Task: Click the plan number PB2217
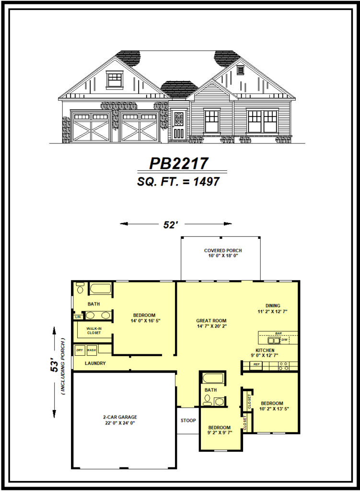click(179, 163)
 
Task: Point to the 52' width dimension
click(171, 224)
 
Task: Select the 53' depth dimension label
click(55, 366)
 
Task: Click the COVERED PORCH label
click(223, 250)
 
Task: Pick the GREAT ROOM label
click(211, 321)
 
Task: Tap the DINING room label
click(273, 305)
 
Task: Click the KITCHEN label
click(265, 351)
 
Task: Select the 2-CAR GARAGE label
click(120, 417)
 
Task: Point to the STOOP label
click(188, 421)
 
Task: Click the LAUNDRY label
click(95, 363)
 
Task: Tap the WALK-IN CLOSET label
click(94, 331)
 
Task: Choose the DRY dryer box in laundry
click(80, 350)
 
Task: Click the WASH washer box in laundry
click(91, 350)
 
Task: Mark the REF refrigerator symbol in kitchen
click(256, 364)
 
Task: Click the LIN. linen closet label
click(78, 317)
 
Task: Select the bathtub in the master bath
click(101, 289)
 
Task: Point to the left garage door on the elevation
click(91, 126)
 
